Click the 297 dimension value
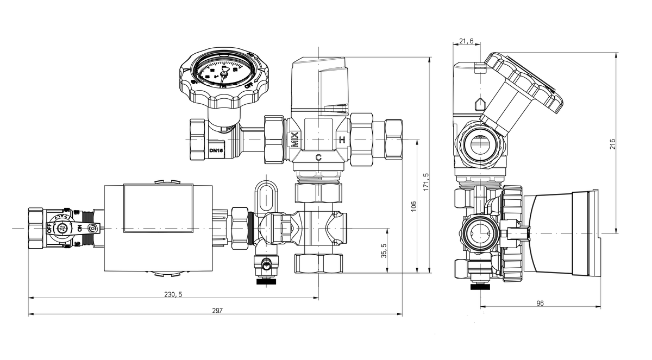(x=217, y=311)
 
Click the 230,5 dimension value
(x=173, y=294)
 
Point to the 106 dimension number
(x=413, y=206)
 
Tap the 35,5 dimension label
(x=384, y=251)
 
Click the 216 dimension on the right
(x=612, y=144)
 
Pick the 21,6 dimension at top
(x=466, y=41)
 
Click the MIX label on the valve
(x=294, y=140)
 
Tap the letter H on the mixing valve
(x=342, y=140)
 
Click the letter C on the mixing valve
(x=318, y=158)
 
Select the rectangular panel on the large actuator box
(x=158, y=209)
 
